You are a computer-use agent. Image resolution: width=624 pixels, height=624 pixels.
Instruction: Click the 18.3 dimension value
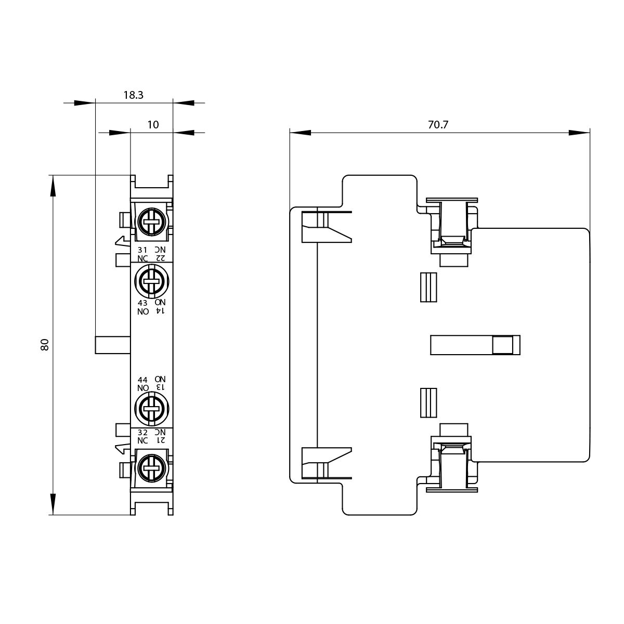tap(133, 95)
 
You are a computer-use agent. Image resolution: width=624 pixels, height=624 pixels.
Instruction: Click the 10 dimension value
tap(153, 125)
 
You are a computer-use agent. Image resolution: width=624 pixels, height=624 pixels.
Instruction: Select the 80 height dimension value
tap(45, 344)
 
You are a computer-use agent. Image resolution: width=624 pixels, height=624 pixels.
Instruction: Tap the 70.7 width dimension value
tap(438, 125)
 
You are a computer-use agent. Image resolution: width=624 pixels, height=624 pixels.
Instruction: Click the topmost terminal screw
tap(151, 222)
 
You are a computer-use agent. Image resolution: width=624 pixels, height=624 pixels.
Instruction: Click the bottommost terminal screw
tap(151, 467)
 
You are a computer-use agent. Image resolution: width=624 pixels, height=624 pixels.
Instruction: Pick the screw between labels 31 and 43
tap(151, 281)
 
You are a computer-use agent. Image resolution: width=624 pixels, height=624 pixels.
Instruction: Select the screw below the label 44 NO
tap(151, 408)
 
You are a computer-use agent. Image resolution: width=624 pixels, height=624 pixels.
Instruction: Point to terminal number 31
tap(142, 250)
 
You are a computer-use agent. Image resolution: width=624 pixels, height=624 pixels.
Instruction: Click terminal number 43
tap(142, 303)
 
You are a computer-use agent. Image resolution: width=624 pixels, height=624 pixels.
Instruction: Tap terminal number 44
tap(142, 380)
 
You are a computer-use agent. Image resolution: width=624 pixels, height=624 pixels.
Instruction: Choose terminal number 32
tap(142, 432)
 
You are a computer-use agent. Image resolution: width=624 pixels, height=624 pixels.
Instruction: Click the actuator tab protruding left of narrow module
tap(112, 345)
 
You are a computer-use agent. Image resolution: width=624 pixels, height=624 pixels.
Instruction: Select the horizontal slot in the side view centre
tap(475, 345)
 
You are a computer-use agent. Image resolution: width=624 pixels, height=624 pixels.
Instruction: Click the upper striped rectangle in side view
tap(428, 288)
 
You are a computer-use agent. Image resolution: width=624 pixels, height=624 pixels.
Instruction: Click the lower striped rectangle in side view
tap(428, 402)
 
